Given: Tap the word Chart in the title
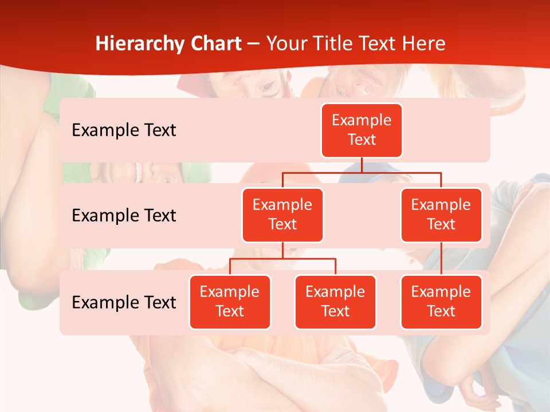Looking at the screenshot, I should pos(216,44).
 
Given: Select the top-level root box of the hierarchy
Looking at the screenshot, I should pos(362,130).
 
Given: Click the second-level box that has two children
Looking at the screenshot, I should pos(282,215).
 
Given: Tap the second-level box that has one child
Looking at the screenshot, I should pos(441,215).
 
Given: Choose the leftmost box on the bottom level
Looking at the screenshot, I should pos(230,302).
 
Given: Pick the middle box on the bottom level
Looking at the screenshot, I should pos(335,302).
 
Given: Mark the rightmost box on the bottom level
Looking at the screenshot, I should pos(441,302).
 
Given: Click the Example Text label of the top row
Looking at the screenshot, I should pos(124,130).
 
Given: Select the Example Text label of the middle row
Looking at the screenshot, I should pos(124,216).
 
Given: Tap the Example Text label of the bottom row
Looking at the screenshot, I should pos(124,302).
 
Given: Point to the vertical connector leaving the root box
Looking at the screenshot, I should pos(362,165).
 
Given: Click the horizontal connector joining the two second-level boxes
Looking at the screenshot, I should pos(362,172).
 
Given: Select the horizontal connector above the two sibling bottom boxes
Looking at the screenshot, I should pos(282,259).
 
